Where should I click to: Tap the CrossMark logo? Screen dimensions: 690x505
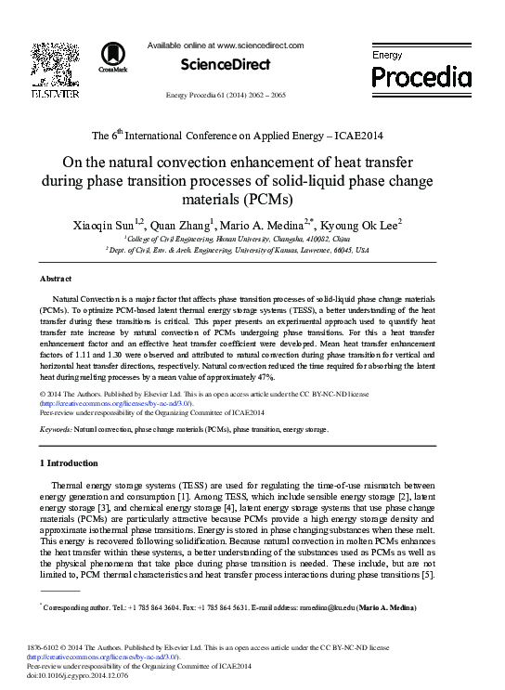coord(112,57)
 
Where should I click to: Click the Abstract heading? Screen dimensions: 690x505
coord(56,279)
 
